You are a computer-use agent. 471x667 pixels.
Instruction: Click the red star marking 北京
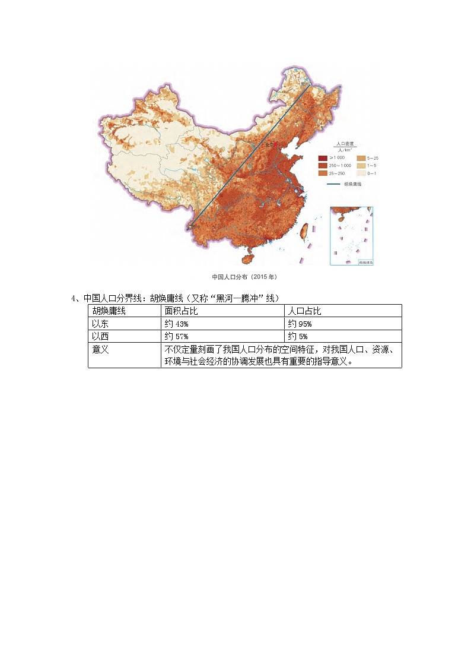(275, 144)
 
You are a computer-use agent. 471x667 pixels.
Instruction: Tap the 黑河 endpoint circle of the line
(309, 84)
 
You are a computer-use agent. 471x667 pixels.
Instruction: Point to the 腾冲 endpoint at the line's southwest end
(189, 226)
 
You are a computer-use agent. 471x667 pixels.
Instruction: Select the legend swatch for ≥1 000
(323, 158)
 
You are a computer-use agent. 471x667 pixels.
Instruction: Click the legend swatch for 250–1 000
(323, 165)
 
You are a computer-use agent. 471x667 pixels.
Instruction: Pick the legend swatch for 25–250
(323, 173)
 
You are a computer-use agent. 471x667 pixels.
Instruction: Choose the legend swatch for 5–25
(360, 158)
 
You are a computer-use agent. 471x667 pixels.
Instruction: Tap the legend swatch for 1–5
(360, 165)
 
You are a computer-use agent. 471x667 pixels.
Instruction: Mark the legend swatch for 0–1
(360, 173)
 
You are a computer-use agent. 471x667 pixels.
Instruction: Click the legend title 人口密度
(345, 144)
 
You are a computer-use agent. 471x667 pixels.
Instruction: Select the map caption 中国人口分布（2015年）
(244, 277)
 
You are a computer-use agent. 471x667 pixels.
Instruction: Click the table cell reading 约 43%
(176, 324)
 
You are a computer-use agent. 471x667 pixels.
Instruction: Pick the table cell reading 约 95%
(300, 324)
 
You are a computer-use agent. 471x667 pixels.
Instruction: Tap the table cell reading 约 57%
(176, 337)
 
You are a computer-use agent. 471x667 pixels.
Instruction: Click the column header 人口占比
(304, 311)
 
